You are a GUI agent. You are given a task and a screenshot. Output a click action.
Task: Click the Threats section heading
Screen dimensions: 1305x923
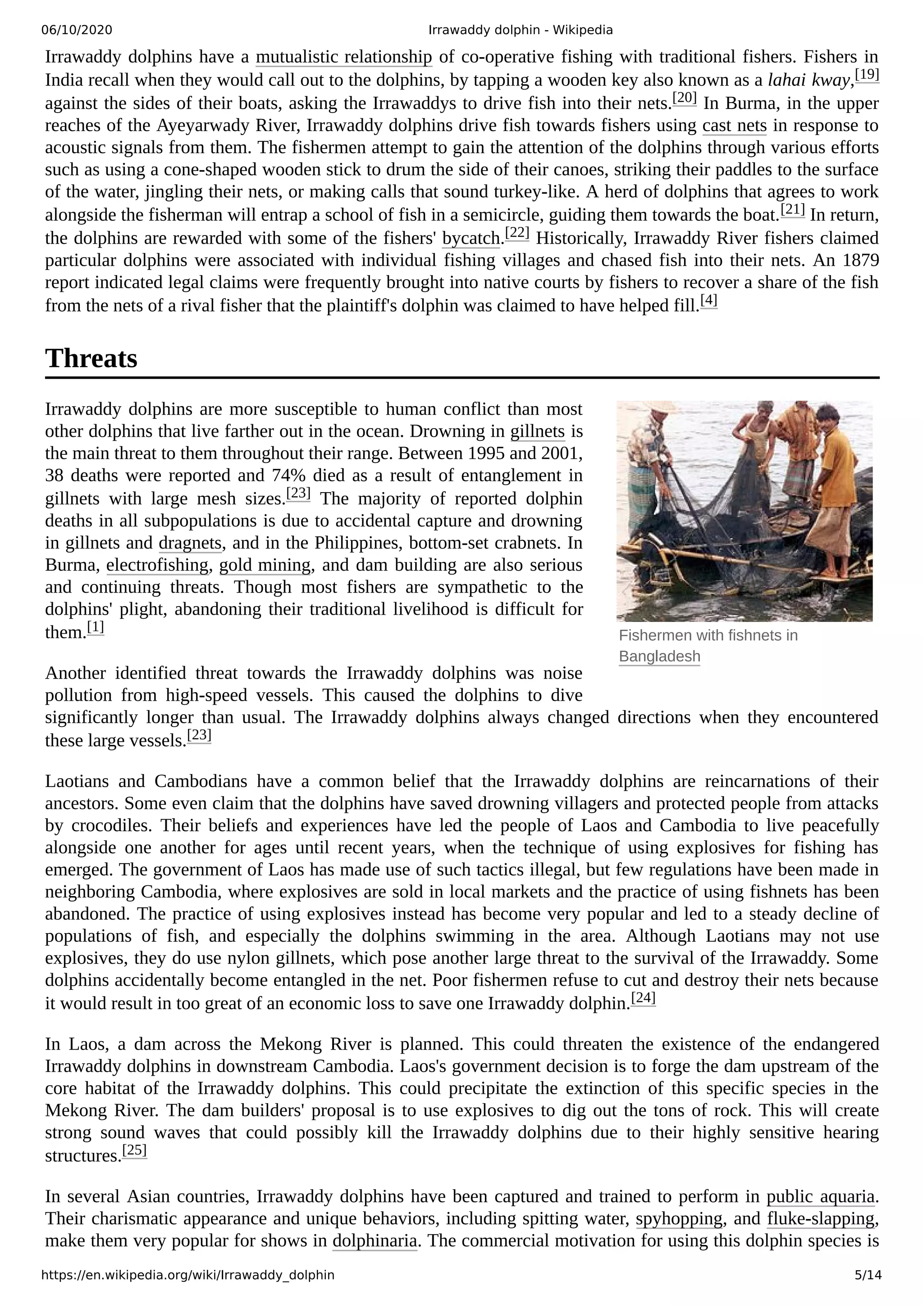pyautogui.click(x=91, y=358)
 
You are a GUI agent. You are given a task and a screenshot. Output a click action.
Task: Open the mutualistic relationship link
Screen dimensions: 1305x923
pyautogui.click(x=343, y=57)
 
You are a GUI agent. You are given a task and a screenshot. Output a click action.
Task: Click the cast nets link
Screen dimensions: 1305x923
pyautogui.click(x=734, y=126)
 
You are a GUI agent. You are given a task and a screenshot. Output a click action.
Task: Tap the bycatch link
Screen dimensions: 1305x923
pyautogui.click(x=471, y=238)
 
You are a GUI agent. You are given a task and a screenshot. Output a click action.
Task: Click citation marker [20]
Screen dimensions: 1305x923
pyautogui.click(x=684, y=98)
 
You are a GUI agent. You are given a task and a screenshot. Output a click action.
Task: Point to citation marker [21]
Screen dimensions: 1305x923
pyautogui.click(x=792, y=210)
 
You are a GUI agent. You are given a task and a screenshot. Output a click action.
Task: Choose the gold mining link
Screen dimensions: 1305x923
pyautogui.click(x=265, y=565)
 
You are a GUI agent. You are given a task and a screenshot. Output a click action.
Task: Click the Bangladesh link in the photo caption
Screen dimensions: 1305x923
pyautogui.click(x=659, y=657)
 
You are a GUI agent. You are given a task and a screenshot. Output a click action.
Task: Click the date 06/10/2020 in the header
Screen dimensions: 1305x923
pyautogui.click(x=77, y=30)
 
